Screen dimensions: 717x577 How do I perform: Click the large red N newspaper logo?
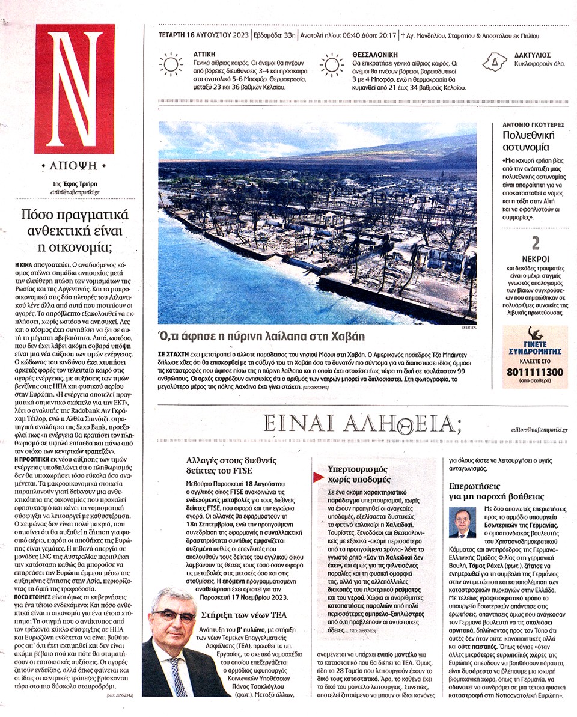pyautogui.click(x=74, y=88)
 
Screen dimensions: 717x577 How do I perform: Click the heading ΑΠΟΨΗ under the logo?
pyautogui.click(x=74, y=164)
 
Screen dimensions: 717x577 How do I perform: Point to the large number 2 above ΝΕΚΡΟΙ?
pyautogui.click(x=535, y=243)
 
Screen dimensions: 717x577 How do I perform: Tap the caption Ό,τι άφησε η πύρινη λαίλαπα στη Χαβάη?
pyautogui.click(x=261, y=336)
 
